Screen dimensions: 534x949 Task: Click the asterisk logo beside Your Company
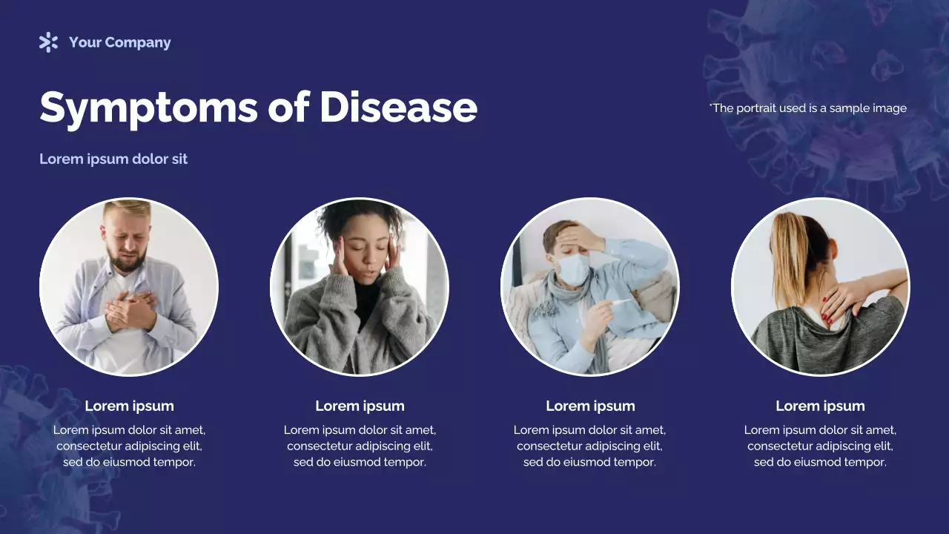point(48,42)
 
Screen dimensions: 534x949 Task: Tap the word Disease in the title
point(398,107)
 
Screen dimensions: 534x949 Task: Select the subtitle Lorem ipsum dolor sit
point(113,159)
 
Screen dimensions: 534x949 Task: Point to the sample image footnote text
point(808,108)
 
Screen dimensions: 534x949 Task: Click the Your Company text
point(119,42)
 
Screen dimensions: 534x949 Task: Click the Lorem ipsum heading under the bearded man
point(129,406)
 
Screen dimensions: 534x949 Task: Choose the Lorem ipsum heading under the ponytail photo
point(820,406)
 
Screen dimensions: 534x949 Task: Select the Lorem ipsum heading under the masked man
point(590,406)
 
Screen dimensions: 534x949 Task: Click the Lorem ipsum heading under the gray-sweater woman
point(360,406)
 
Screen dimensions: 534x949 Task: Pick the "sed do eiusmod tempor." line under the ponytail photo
point(820,462)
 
